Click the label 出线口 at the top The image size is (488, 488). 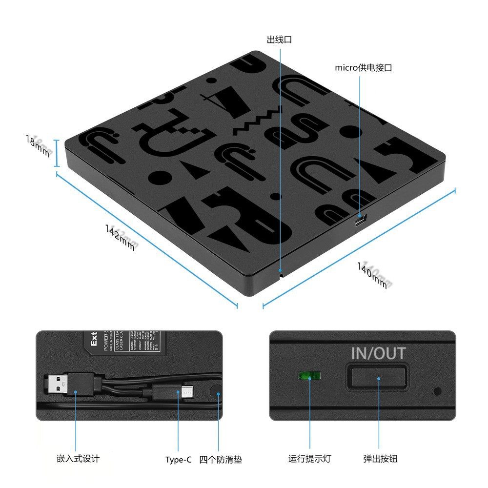click(x=279, y=40)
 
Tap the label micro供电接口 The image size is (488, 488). click(x=363, y=68)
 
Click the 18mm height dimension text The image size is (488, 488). click(x=38, y=146)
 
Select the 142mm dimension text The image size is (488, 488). click(x=120, y=237)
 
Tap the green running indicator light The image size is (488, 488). click(x=310, y=376)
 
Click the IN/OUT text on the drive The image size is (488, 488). click(x=378, y=353)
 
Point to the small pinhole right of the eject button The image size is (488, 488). click(x=437, y=391)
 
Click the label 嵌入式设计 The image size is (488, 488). click(x=78, y=459)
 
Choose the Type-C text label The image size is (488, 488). click(x=178, y=460)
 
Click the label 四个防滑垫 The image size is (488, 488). click(x=221, y=460)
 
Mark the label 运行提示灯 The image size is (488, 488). click(x=309, y=459)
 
